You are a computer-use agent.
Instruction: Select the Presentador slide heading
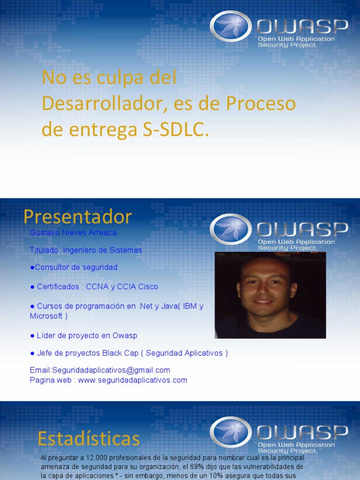point(78,217)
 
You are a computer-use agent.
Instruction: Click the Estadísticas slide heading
point(89,439)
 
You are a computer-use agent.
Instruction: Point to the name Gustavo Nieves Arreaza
point(73,232)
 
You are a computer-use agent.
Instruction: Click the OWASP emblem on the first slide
point(230,27)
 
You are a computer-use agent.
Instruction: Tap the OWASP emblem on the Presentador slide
point(230,229)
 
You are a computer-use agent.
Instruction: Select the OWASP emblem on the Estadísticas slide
point(230,432)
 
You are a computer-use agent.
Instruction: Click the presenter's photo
point(270,295)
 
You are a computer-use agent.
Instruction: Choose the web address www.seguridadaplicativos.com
point(133,380)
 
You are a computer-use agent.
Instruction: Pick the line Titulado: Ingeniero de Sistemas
point(86,250)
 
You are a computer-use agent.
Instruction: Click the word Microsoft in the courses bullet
point(46,316)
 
